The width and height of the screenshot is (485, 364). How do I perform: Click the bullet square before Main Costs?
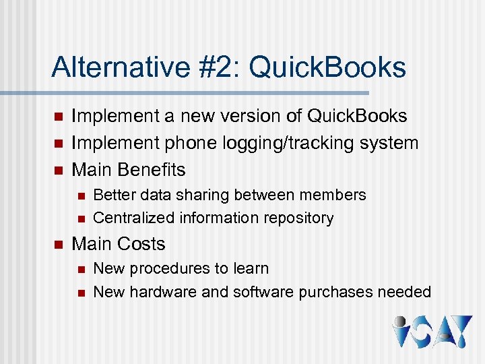click(57, 244)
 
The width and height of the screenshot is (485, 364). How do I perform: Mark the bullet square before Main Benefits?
click(57, 170)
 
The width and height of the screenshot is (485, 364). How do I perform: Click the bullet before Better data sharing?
click(80, 195)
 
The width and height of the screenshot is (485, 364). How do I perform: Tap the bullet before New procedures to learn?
click(80, 269)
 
